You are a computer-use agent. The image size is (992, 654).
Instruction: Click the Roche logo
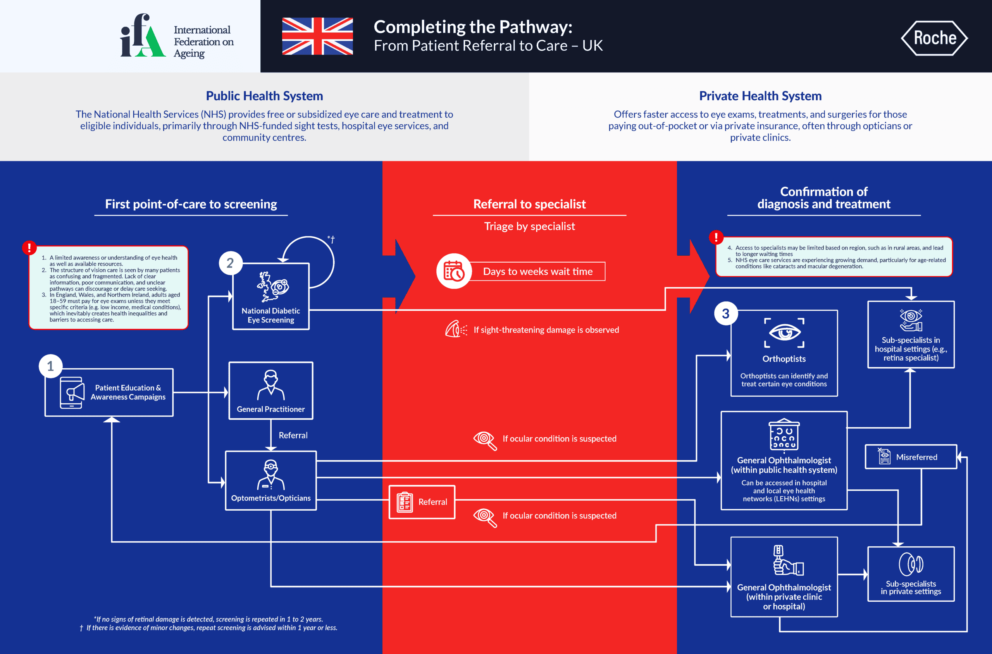[x=934, y=38]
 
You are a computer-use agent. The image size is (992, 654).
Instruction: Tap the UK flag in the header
[x=317, y=36]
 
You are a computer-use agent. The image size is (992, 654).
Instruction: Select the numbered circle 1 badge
[x=50, y=366]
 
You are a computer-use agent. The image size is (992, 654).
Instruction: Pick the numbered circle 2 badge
[x=230, y=263]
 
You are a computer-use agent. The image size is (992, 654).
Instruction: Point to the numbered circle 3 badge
[x=725, y=314]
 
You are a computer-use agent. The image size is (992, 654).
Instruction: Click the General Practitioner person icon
[x=271, y=385]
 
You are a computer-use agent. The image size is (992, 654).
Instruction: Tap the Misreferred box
[x=911, y=457]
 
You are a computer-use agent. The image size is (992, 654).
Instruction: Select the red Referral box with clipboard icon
[x=422, y=502]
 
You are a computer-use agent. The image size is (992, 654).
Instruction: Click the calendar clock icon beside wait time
[x=454, y=271]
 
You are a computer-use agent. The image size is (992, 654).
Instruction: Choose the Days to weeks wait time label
[x=538, y=272]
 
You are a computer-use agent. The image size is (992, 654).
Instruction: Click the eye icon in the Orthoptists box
[x=784, y=332]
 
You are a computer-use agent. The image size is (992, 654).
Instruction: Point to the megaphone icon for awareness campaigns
[x=72, y=392]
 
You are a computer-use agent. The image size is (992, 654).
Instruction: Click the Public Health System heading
[x=265, y=96]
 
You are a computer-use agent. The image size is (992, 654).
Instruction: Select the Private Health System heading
[x=760, y=96]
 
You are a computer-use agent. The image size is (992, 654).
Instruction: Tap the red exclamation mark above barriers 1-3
[x=29, y=247]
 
